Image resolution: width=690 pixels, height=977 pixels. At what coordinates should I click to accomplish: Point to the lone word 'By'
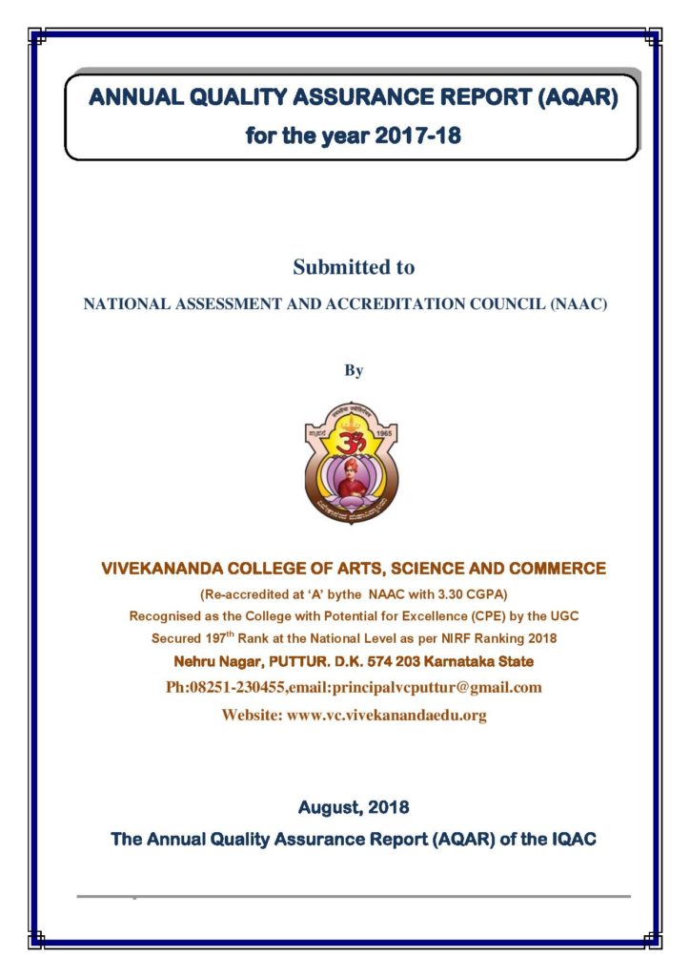pos(354,370)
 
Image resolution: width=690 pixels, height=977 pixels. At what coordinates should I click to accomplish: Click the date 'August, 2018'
pos(354,808)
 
